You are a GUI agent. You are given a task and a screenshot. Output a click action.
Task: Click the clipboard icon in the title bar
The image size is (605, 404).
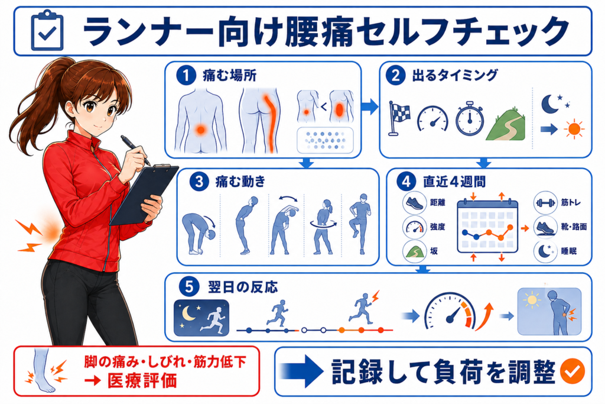pyautogui.click(x=47, y=31)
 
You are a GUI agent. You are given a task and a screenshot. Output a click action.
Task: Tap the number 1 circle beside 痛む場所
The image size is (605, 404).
pyautogui.click(x=186, y=75)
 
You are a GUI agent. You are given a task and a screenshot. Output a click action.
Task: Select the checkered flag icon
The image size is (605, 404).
pyautogui.click(x=399, y=118)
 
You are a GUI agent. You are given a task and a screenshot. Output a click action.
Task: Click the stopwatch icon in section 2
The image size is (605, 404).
pyautogui.click(x=470, y=118)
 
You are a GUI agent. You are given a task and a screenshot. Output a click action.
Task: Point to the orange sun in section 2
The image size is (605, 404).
pyautogui.click(x=574, y=129)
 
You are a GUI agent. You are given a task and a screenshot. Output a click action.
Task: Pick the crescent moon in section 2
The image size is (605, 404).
pyautogui.click(x=551, y=104)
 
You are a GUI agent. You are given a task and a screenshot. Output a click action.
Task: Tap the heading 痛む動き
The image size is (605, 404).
pyautogui.click(x=240, y=181)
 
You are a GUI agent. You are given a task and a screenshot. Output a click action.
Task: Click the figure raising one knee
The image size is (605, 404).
pyautogui.click(x=360, y=224)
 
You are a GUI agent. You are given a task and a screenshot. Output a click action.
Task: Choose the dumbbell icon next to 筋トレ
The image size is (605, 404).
pyautogui.click(x=545, y=203)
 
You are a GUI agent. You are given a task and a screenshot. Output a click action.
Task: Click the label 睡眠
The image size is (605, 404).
pyautogui.click(x=569, y=251)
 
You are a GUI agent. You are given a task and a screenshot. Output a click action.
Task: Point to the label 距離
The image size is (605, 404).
pyautogui.click(x=438, y=202)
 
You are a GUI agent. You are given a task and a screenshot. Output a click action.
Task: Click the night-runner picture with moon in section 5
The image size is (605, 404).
pyautogui.click(x=201, y=318)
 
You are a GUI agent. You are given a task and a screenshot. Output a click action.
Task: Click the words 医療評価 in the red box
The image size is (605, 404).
pyautogui.click(x=142, y=380)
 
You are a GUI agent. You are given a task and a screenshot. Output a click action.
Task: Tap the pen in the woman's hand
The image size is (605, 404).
pyautogui.click(x=135, y=150)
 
